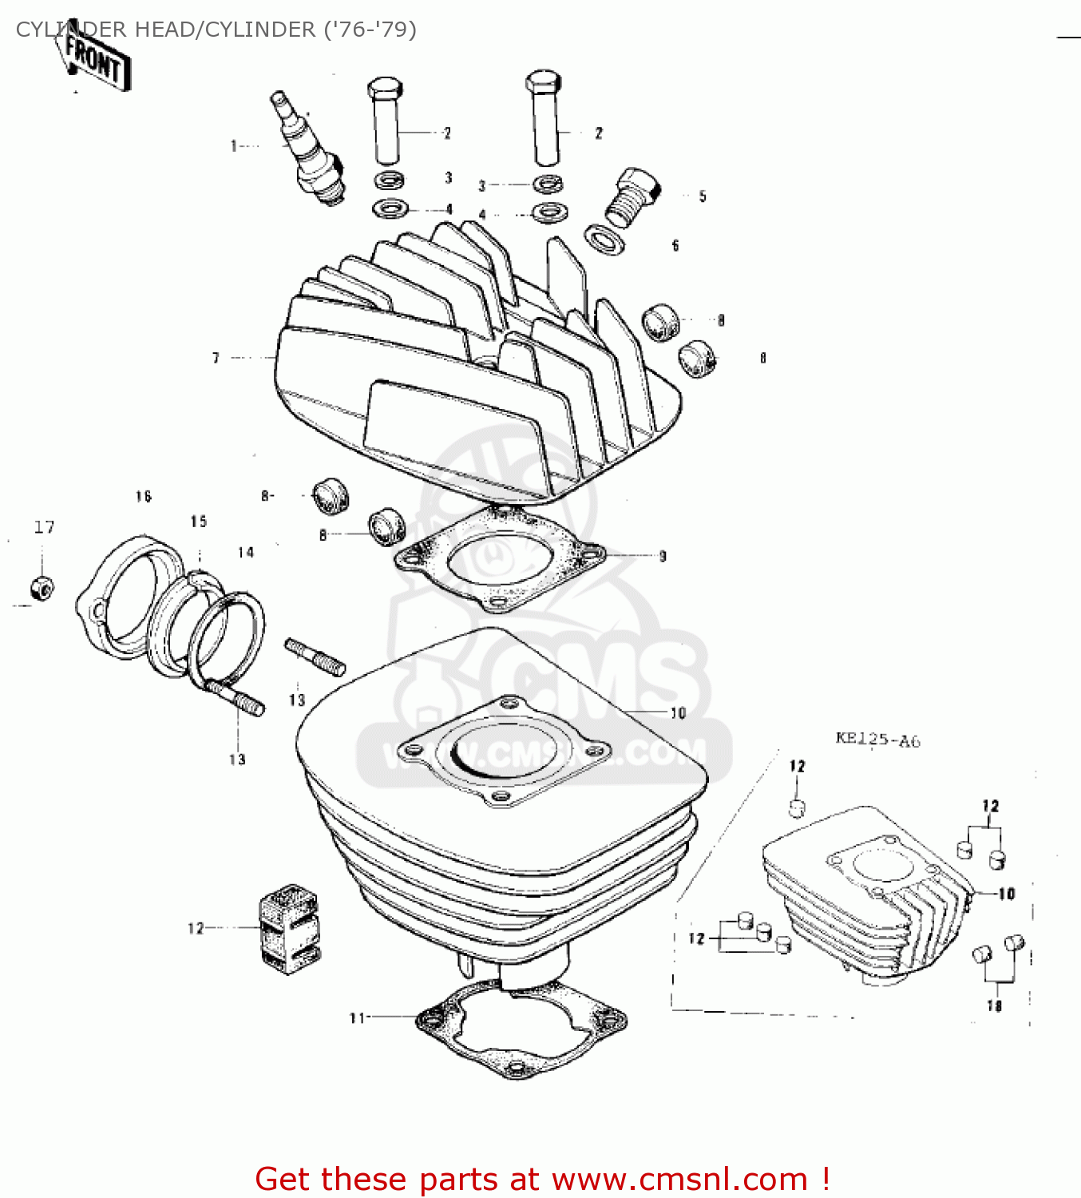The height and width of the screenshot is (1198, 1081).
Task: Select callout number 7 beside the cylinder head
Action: click(x=216, y=358)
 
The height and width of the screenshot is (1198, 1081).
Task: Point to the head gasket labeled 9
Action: click(x=499, y=559)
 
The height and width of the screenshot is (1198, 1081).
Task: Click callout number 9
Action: click(x=662, y=556)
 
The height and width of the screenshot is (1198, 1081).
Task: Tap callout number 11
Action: click(x=356, y=1018)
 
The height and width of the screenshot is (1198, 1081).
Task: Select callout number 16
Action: click(x=144, y=497)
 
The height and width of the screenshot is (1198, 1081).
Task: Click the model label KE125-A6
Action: click(x=877, y=740)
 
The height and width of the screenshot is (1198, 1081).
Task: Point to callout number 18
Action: click(x=994, y=1006)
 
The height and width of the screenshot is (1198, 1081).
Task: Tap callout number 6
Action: click(x=675, y=246)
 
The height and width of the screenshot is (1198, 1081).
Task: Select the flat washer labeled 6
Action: click(x=605, y=240)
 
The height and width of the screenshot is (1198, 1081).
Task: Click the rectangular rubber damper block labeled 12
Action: click(x=288, y=928)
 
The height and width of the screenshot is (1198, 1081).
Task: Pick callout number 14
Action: click(x=246, y=552)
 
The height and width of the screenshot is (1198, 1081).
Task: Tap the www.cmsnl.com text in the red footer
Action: click(x=679, y=1179)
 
